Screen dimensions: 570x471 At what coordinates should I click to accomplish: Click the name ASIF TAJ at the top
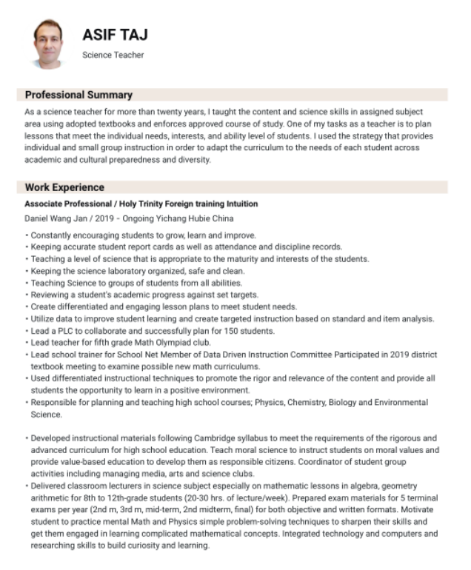click(x=115, y=36)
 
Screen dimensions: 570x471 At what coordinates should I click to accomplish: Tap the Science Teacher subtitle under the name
click(x=113, y=55)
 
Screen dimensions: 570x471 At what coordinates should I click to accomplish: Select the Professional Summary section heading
click(x=78, y=95)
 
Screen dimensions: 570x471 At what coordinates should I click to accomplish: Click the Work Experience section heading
click(x=64, y=187)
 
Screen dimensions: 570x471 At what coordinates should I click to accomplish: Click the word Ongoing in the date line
click(x=140, y=219)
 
